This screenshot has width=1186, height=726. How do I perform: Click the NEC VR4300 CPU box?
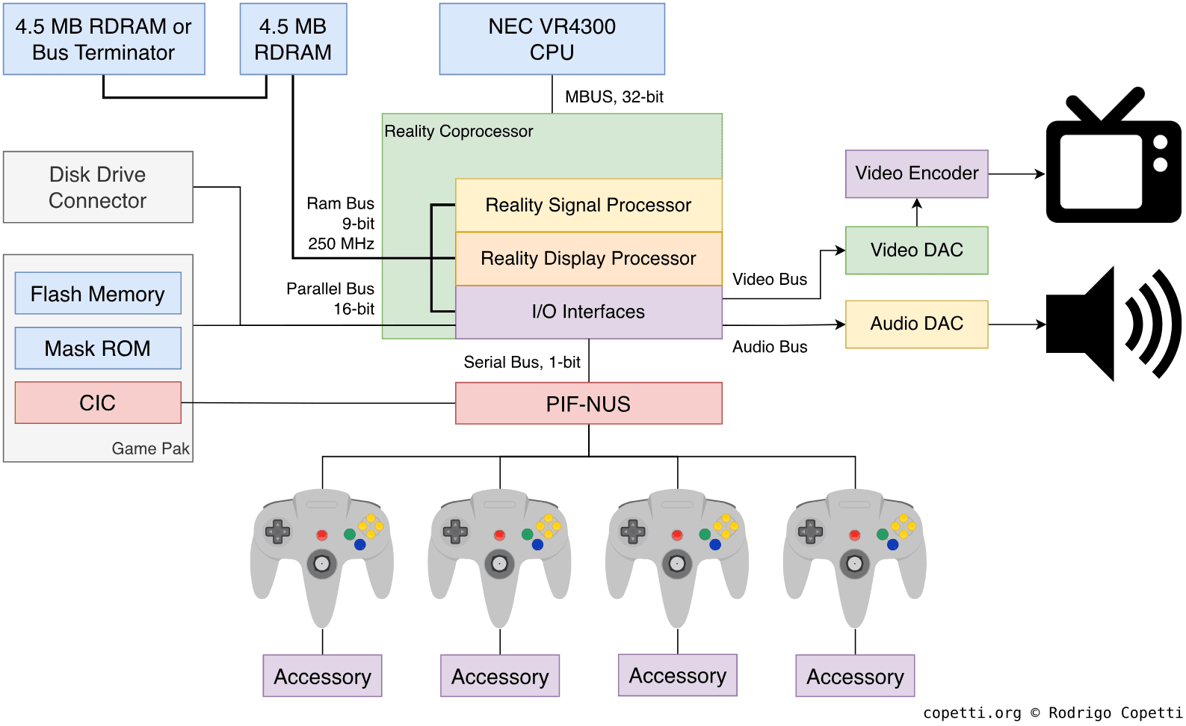pos(552,39)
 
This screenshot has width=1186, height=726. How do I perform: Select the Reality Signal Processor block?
pos(588,205)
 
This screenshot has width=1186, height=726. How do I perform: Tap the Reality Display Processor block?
pos(588,259)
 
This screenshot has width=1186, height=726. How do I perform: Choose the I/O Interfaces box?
pos(588,312)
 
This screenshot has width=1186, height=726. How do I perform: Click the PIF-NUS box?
pos(588,404)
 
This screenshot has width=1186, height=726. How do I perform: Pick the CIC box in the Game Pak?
pos(98,403)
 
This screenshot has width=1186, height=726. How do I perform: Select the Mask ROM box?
pos(98,348)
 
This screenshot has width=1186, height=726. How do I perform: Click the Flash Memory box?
pos(98,294)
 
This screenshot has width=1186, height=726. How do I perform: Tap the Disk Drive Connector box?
pos(98,188)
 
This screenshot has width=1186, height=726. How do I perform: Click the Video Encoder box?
pos(916,173)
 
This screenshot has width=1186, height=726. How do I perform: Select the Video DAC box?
pos(916,250)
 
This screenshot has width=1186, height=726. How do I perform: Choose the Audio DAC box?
pos(916,324)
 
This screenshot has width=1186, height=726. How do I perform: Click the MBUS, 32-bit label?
pos(614,97)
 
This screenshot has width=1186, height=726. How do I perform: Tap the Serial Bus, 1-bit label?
pos(522,363)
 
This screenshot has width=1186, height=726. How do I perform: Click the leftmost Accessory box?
pos(322,677)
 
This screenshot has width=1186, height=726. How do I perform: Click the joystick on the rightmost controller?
pos(854,564)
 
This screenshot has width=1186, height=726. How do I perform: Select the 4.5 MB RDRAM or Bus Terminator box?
pos(104,39)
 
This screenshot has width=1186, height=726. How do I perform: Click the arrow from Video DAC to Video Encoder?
pos(917,212)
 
